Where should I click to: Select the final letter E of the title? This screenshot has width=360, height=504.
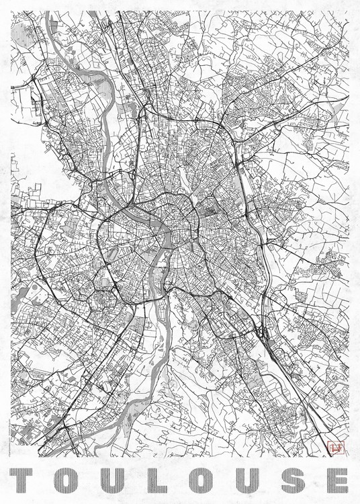coord(330,480)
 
